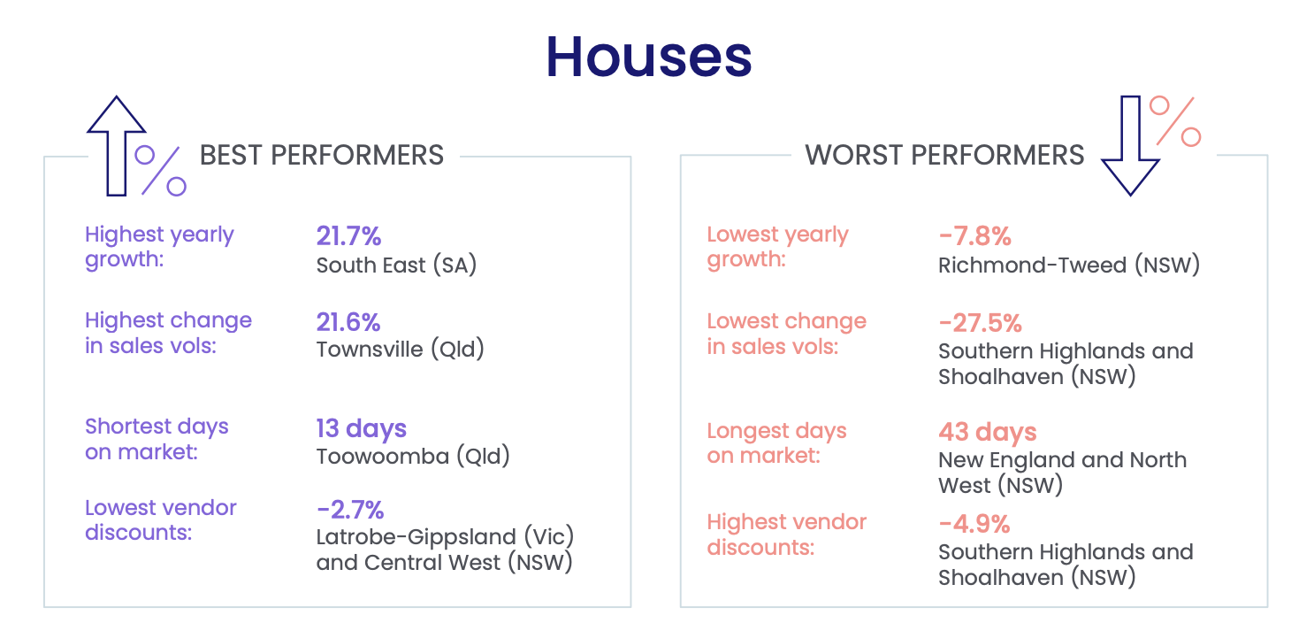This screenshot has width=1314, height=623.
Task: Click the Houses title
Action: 649,57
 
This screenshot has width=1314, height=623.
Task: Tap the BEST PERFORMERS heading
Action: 322,156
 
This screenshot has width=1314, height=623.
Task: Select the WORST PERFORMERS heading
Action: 944,156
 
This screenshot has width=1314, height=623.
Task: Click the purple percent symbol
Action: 161,170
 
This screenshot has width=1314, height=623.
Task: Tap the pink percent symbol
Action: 1175,121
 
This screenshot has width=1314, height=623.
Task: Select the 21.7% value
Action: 348,236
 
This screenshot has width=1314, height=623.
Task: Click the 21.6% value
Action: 348,322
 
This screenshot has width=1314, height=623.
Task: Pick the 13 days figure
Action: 362,428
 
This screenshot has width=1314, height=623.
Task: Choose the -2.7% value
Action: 350,510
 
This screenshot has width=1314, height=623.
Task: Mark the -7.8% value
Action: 975,236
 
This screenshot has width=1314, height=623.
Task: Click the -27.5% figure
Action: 981,323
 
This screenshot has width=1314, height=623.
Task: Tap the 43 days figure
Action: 988,432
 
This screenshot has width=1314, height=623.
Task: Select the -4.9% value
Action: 974,524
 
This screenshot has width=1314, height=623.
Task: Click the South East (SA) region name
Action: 396,265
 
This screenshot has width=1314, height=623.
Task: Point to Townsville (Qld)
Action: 400,350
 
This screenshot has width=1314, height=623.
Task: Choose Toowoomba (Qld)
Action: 413,457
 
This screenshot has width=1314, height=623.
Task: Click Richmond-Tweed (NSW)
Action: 1069,265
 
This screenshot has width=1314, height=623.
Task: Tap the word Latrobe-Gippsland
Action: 416,537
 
